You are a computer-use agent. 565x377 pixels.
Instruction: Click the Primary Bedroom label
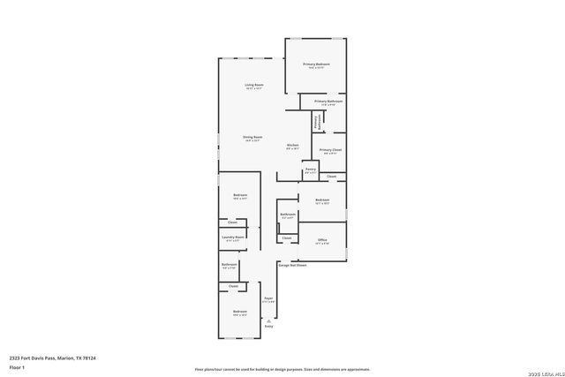316,64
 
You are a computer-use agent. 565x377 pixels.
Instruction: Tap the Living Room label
254,85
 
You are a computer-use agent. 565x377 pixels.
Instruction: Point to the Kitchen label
292,145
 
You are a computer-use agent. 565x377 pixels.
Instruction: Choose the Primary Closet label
331,150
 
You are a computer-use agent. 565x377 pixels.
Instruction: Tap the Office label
322,240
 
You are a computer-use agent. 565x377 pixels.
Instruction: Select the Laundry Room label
234,237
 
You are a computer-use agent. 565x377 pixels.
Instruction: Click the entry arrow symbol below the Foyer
268,320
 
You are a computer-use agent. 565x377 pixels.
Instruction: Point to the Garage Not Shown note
292,265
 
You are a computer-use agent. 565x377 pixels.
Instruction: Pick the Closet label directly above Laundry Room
232,222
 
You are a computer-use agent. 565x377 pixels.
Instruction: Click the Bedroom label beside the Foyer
240,312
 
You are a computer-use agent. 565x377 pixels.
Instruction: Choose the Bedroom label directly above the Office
322,200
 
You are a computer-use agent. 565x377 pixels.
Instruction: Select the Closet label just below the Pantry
332,177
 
